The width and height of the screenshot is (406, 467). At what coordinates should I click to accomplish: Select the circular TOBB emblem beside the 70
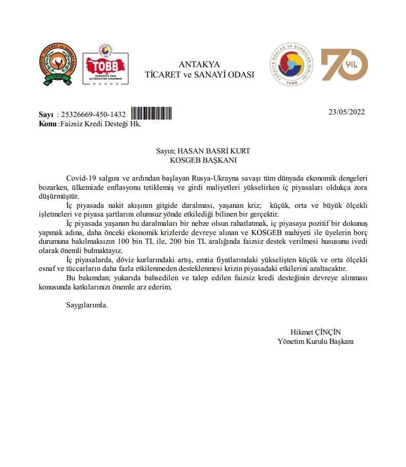(291, 65)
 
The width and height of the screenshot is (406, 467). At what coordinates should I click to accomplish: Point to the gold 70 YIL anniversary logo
(344, 65)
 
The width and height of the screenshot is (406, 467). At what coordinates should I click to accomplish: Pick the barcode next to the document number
(151, 114)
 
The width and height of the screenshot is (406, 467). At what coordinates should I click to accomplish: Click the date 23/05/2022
(346, 112)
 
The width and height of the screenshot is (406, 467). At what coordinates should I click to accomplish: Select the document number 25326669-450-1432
(93, 115)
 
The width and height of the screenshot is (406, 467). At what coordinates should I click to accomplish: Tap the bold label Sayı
(46, 115)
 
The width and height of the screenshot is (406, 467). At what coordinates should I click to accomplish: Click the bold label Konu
(48, 124)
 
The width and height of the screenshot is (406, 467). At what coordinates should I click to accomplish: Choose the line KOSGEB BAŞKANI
(203, 160)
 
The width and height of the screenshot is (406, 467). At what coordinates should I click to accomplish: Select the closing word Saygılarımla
(87, 305)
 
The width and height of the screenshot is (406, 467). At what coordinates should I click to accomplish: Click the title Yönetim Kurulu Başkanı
(316, 341)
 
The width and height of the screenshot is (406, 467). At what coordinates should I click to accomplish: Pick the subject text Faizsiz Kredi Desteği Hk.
(101, 124)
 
